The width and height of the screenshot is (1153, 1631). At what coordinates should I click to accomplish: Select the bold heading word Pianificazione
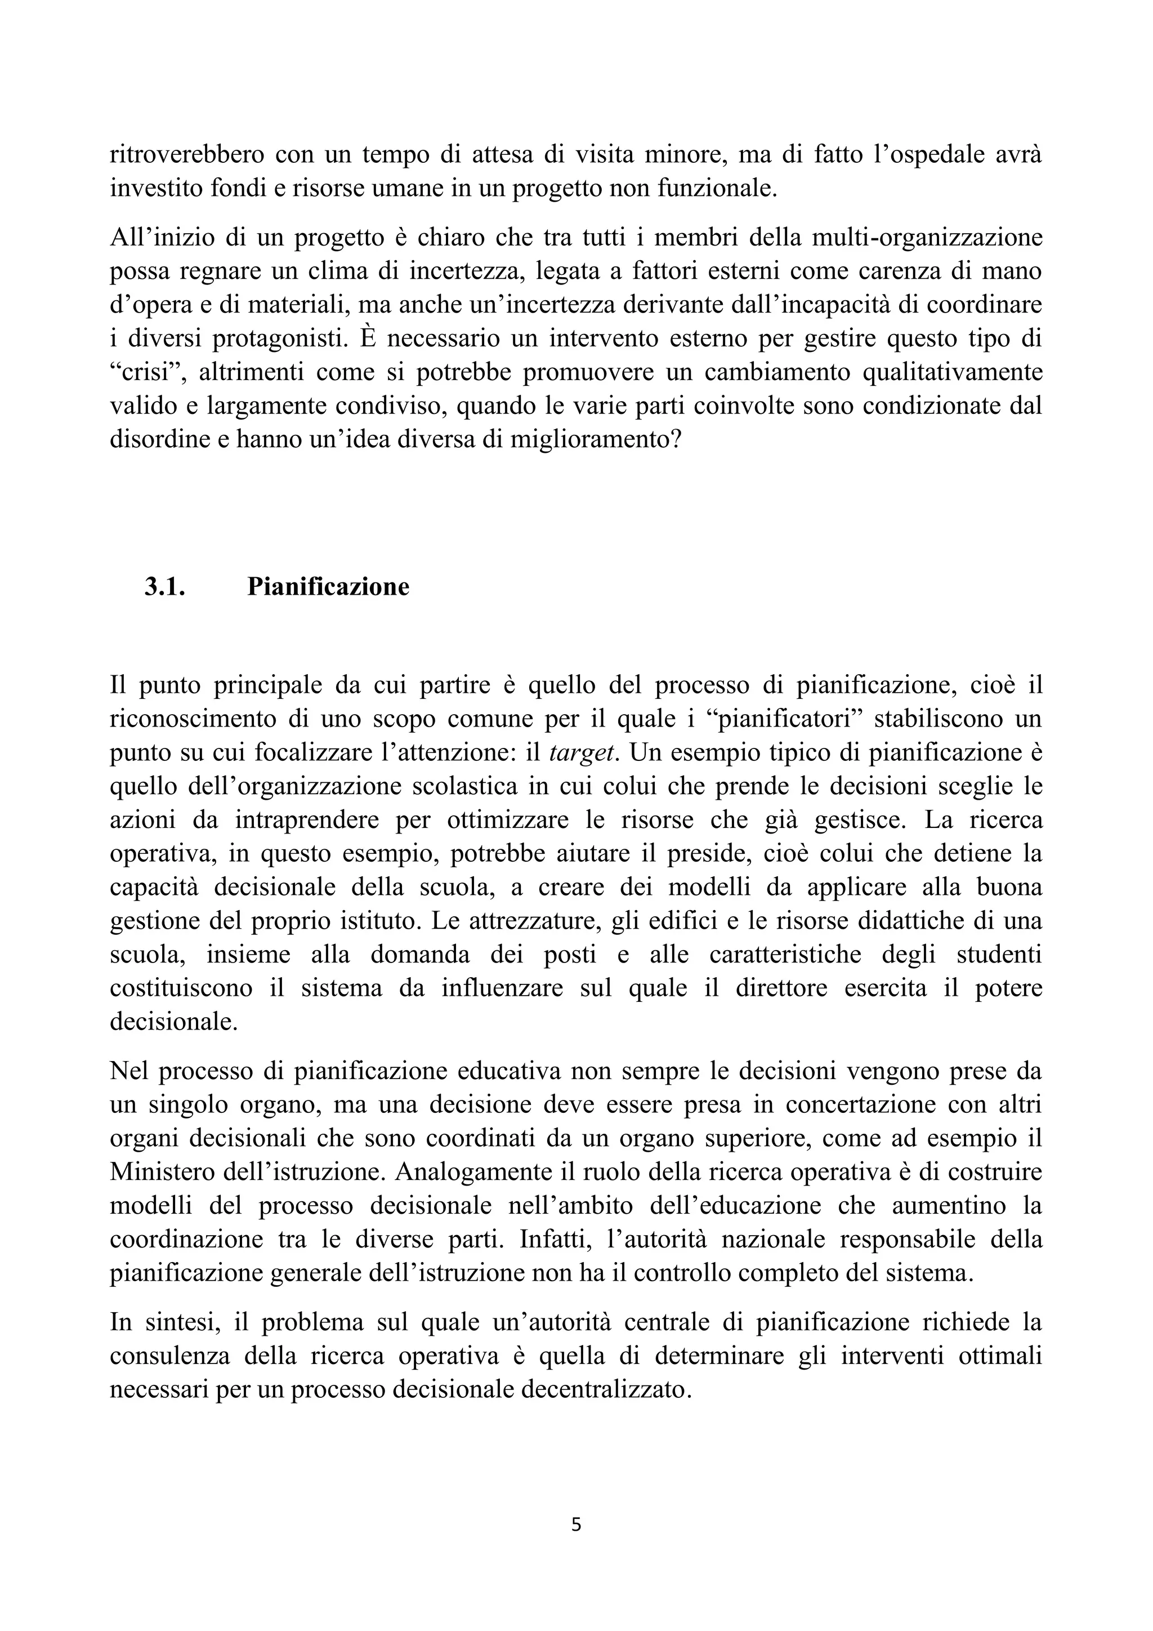pyautogui.click(x=328, y=587)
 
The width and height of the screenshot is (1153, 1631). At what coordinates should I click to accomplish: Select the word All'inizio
pyautogui.click(x=158, y=237)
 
